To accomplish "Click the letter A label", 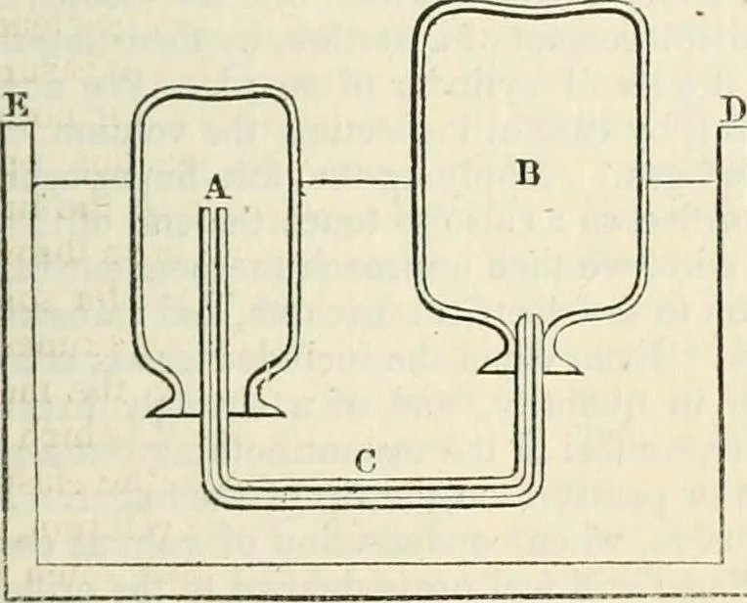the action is pyautogui.click(x=218, y=190).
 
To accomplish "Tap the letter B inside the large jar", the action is pyautogui.click(x=527, y=173).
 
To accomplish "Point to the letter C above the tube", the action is pyautogui.click(x=366, y=462).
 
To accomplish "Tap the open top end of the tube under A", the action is pyautogui.click(x=214, y=209).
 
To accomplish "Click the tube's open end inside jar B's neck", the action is pyautogui.click(x=530, y=316).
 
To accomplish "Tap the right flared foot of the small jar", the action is pyautogui.click(x=263, y=399).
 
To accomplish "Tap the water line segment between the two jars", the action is pyautogui.click(x=356, y=181).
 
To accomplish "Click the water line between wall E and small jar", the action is pyautogui.click(x=82, y=182).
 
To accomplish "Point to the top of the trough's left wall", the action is pyautogui.click(x=18, y=124).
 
